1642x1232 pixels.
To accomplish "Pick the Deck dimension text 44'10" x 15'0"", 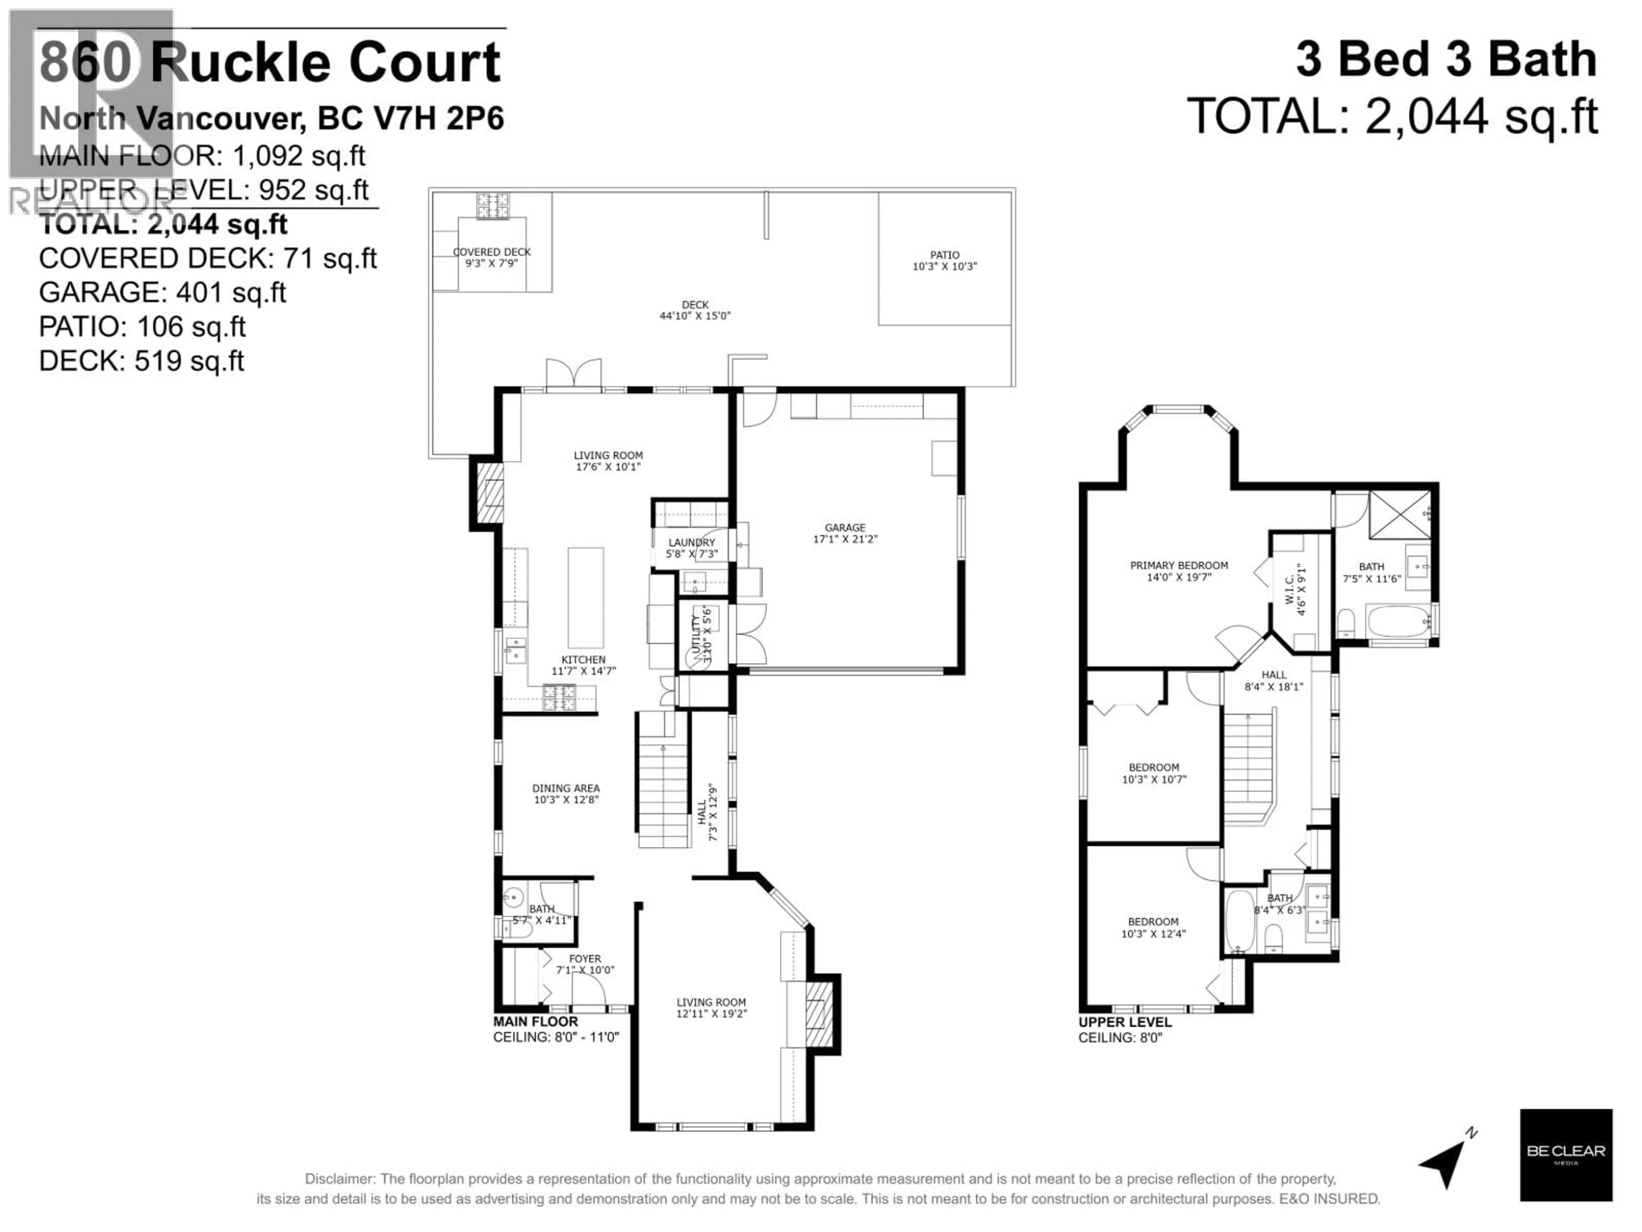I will click(x=695, y=316).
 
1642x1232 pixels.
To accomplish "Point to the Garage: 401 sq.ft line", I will click(x=162, y=293).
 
